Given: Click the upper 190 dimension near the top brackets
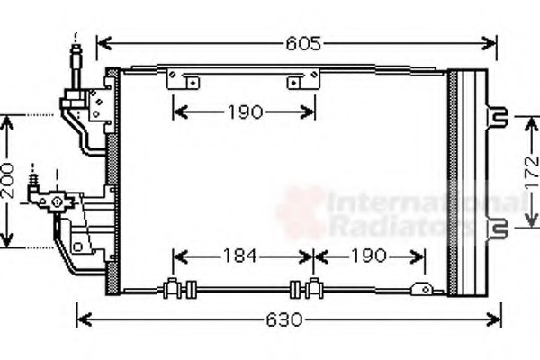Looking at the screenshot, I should (242, 112).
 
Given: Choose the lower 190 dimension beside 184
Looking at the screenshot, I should (368, 255).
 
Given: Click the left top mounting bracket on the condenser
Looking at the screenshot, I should (183, 81).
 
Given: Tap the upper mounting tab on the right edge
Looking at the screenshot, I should (497, 116).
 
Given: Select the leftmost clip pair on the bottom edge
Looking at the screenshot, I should (181, 289).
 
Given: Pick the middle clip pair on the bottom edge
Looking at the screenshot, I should (305, 289).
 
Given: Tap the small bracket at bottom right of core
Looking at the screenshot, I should (420, 289).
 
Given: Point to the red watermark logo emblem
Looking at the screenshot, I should (301, 214).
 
